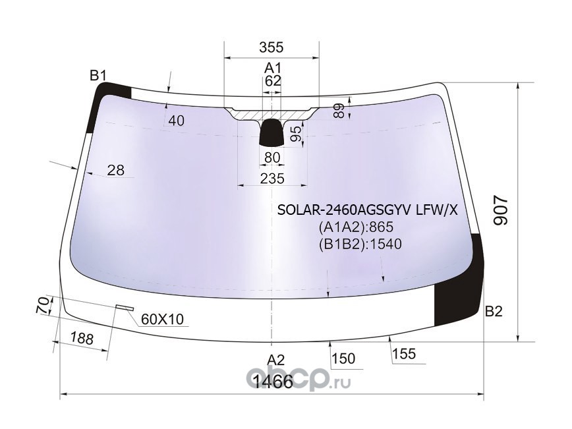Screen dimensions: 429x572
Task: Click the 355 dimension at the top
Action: pos(271,47)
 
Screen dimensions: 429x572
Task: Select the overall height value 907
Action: pos(501,211)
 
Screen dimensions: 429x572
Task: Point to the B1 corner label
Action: pos(98,76)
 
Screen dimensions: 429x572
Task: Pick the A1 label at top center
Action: pos(273,68)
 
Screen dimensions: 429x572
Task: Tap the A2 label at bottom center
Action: pos(275,360)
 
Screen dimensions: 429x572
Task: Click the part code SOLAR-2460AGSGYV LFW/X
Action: pos(366,211)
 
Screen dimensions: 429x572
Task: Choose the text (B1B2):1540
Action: pos(360,244)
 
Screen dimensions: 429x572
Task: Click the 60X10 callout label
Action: pos(162,320)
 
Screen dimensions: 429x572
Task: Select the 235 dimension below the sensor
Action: pos(272,178)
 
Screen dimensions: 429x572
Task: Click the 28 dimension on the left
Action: pos(116,171)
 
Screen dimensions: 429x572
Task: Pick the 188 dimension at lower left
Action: pos(81,339)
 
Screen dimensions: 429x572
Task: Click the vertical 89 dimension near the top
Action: pos(339,110)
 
